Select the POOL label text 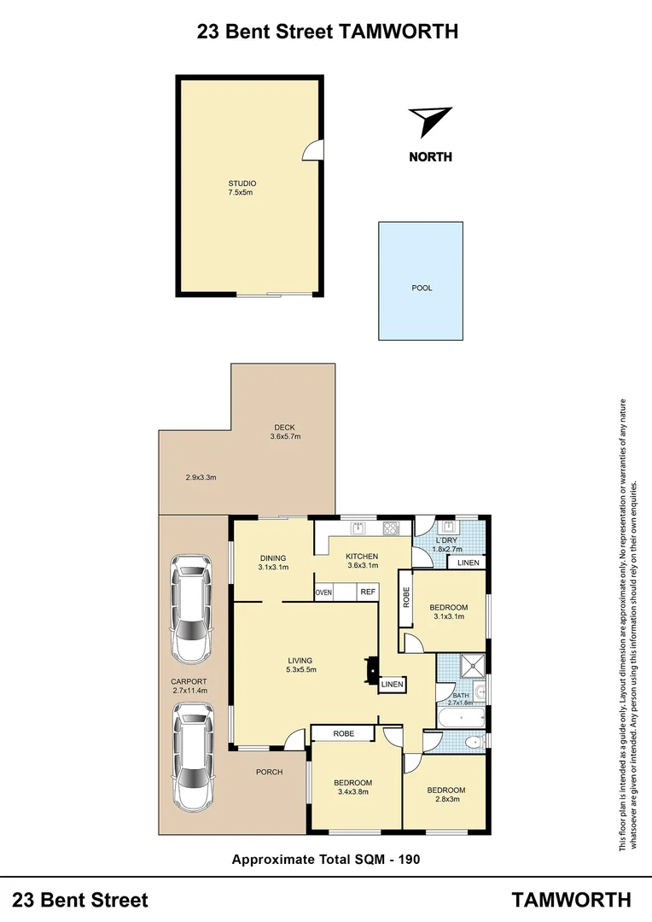[422, 289]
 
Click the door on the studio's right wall [314, 150]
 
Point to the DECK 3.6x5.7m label [285, 432]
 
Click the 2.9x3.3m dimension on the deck [201, 477]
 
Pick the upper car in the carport [192, 609]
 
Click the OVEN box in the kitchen [323, 592]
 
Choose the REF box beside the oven [368, 592]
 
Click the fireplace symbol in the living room [371, 669]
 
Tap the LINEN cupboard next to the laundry [468, 563]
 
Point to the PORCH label [269, 772]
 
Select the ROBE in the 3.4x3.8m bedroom [343, 733]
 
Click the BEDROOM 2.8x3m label [445, 795]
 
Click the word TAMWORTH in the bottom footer [572, 900]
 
